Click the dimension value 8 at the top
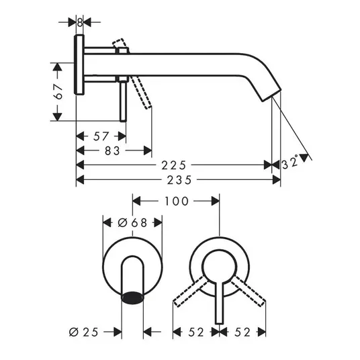(80, 23)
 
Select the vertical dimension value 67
(58, 91)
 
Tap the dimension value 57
(101, 136)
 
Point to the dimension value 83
(112, 151)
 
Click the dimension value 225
(173, 165)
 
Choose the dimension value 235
(179, 180)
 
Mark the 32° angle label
(289, 163)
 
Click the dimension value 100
(177, 201)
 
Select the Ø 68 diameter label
(132, 223)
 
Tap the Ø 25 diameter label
(83, 332)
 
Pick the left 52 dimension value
(196, 332)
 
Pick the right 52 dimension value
(242, 332)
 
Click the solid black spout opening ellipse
(132, 298)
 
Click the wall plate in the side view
(79, 64)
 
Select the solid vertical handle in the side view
(123, 101)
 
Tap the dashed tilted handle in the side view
(141, 93)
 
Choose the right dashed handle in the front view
(248, 291)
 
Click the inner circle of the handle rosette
(220, 250)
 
